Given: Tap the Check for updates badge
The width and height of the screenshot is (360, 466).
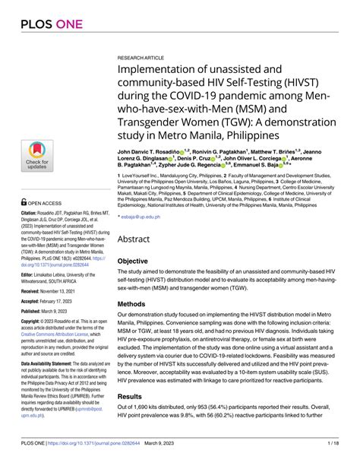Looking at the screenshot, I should tap(37, 155).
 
